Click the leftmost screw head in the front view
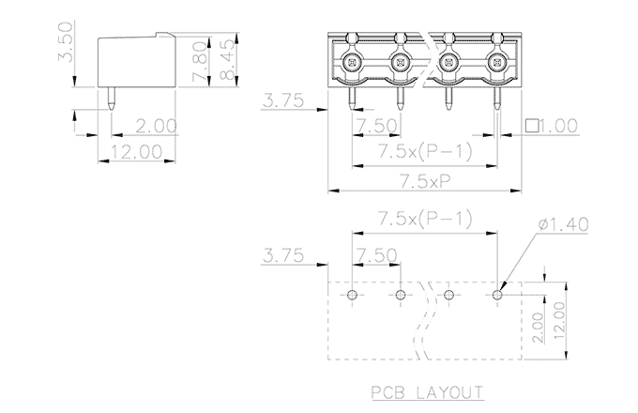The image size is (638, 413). coord(351,64)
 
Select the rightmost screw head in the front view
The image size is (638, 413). coord(495,64)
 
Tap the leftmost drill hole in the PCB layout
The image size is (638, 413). coord(352,295)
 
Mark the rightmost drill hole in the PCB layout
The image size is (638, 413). coord(498,295)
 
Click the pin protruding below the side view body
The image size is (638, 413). coord(113,98)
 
